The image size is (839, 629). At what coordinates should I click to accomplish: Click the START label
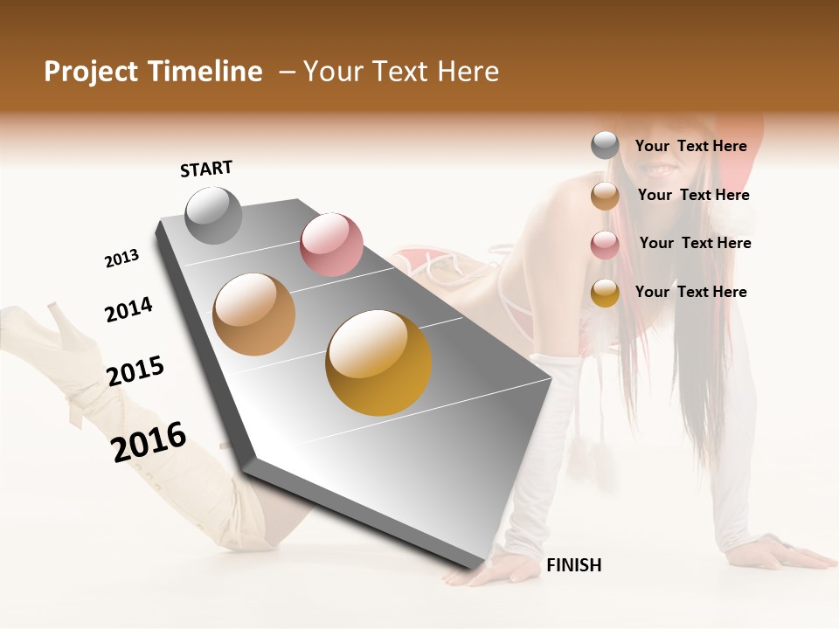point(206,169)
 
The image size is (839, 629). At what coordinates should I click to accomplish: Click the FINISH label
point(573,565)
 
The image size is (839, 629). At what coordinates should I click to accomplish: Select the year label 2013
point(121,259)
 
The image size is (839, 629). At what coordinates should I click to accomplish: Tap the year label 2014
point(128,309)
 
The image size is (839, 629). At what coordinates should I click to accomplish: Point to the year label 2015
point(135,371)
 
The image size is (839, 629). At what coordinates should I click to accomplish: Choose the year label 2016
point(149,441)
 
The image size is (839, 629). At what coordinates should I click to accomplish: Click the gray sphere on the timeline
point(213,215)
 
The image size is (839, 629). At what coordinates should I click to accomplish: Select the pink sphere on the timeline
point(331,244)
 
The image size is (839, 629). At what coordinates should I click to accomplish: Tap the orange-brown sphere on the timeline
point(253,314)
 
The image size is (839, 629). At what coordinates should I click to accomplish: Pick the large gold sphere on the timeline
point(378,362)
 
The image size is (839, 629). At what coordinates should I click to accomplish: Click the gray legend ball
point(605,145)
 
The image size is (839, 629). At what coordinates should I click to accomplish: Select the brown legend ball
point(605,196)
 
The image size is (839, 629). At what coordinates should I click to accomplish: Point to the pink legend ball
point(605,245)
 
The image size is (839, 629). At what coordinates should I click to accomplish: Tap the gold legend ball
point(605,293)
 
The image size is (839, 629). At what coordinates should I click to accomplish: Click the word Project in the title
point(92,72)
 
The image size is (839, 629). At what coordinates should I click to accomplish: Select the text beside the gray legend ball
point(690,146)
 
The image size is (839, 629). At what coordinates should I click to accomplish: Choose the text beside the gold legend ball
point(690,292)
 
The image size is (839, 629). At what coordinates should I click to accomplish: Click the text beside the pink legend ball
point(695,243)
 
